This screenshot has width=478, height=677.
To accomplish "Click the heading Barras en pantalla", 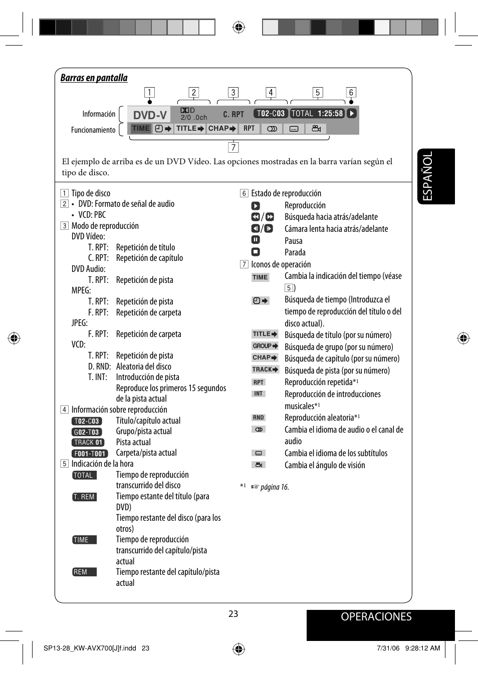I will [94, 78].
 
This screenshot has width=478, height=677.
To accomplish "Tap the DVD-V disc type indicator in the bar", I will [149, 115].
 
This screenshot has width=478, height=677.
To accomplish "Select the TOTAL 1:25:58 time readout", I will [317, 114].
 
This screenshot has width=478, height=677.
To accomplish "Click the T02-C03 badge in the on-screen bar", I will [271, 114].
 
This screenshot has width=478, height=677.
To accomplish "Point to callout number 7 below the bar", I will [233, 147].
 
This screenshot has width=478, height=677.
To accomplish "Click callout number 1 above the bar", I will [149, 93].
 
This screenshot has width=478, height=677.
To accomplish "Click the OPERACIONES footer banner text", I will [376, 617].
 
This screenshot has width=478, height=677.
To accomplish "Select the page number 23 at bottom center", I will [233, 614].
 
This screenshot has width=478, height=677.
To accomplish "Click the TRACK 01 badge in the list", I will [88, 443].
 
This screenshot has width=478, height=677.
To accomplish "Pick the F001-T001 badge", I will [90, 454].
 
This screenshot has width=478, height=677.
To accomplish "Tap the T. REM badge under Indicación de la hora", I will [84, 497].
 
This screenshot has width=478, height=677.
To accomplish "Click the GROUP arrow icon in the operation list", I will [265, 346].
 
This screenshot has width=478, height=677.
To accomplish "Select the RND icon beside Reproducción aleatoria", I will [259, 418].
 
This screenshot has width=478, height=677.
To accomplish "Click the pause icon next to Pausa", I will [256, 240].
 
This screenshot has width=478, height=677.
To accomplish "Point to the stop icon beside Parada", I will [256, 252].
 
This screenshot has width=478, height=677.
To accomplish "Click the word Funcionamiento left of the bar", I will [93, 130].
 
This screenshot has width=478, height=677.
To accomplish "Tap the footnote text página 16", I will [275, 487].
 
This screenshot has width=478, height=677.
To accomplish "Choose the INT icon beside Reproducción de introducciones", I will [259, 394].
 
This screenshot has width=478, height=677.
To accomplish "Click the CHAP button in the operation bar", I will [222, 129].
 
